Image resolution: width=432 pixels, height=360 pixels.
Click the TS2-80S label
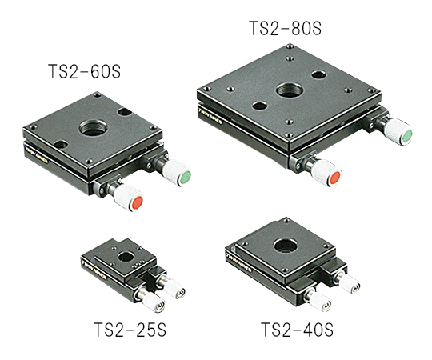pos(285,28)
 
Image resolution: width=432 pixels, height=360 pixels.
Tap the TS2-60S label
pos(84,71)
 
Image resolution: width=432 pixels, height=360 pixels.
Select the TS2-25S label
pos(130,330)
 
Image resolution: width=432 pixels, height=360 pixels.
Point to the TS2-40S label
pos(297,330)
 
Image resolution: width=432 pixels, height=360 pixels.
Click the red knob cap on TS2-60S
pos(138,202)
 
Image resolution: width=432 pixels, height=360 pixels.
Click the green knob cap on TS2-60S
pos(186,177)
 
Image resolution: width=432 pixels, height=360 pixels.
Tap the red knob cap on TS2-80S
pos(334,178)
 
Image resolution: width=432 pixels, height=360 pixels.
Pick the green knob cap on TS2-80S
pos(407,136)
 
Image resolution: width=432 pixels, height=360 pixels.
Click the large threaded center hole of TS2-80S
pos(290,90)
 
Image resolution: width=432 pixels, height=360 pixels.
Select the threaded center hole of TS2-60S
pos(93,127)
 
